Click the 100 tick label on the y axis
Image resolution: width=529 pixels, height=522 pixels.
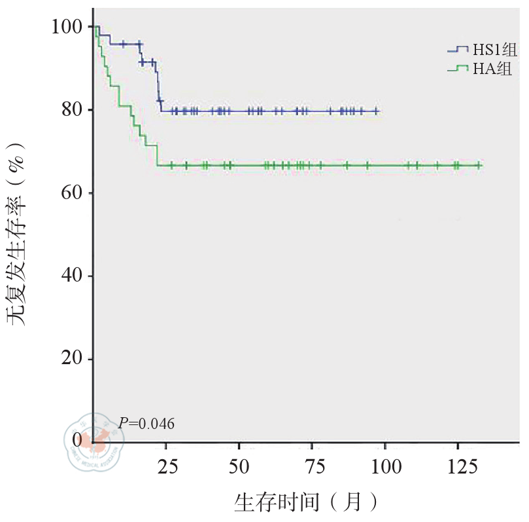point(67,27)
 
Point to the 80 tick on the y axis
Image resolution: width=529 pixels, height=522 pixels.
point(72,109)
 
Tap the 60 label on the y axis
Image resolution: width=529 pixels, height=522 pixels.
point(72,193)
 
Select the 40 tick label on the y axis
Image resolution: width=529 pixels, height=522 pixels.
point(72,276)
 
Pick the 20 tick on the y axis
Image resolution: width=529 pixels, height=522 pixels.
point(72,359)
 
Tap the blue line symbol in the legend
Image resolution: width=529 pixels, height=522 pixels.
point(458,50)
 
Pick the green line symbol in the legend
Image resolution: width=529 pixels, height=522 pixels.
point(458,68)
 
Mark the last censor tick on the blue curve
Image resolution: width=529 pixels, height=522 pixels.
point(375,111)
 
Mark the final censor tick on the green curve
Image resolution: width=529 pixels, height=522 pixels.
point(479,166)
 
